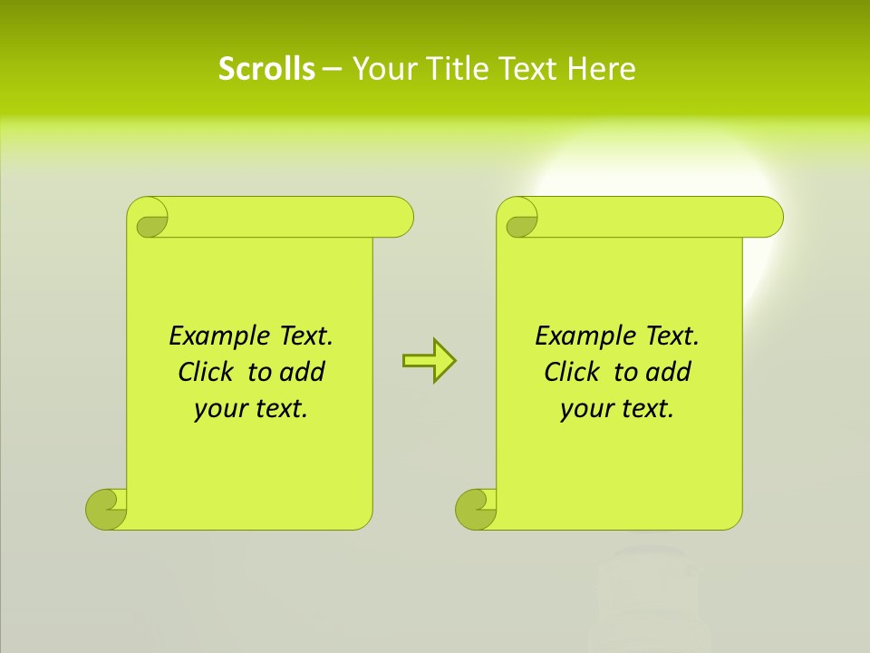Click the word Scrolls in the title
click(266, 69)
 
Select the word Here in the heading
click(601, 69)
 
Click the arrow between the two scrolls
click(429, 361)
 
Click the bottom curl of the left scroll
click(107, 508)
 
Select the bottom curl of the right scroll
click(477, 508)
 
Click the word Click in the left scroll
click(208, 372)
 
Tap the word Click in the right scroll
click(574, 372)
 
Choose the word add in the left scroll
click(302, 372)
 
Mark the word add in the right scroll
click(668, 372)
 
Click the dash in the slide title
click(332, 69)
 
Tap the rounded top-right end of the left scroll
click(400, 218)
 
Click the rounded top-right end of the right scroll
click(769, 218)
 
